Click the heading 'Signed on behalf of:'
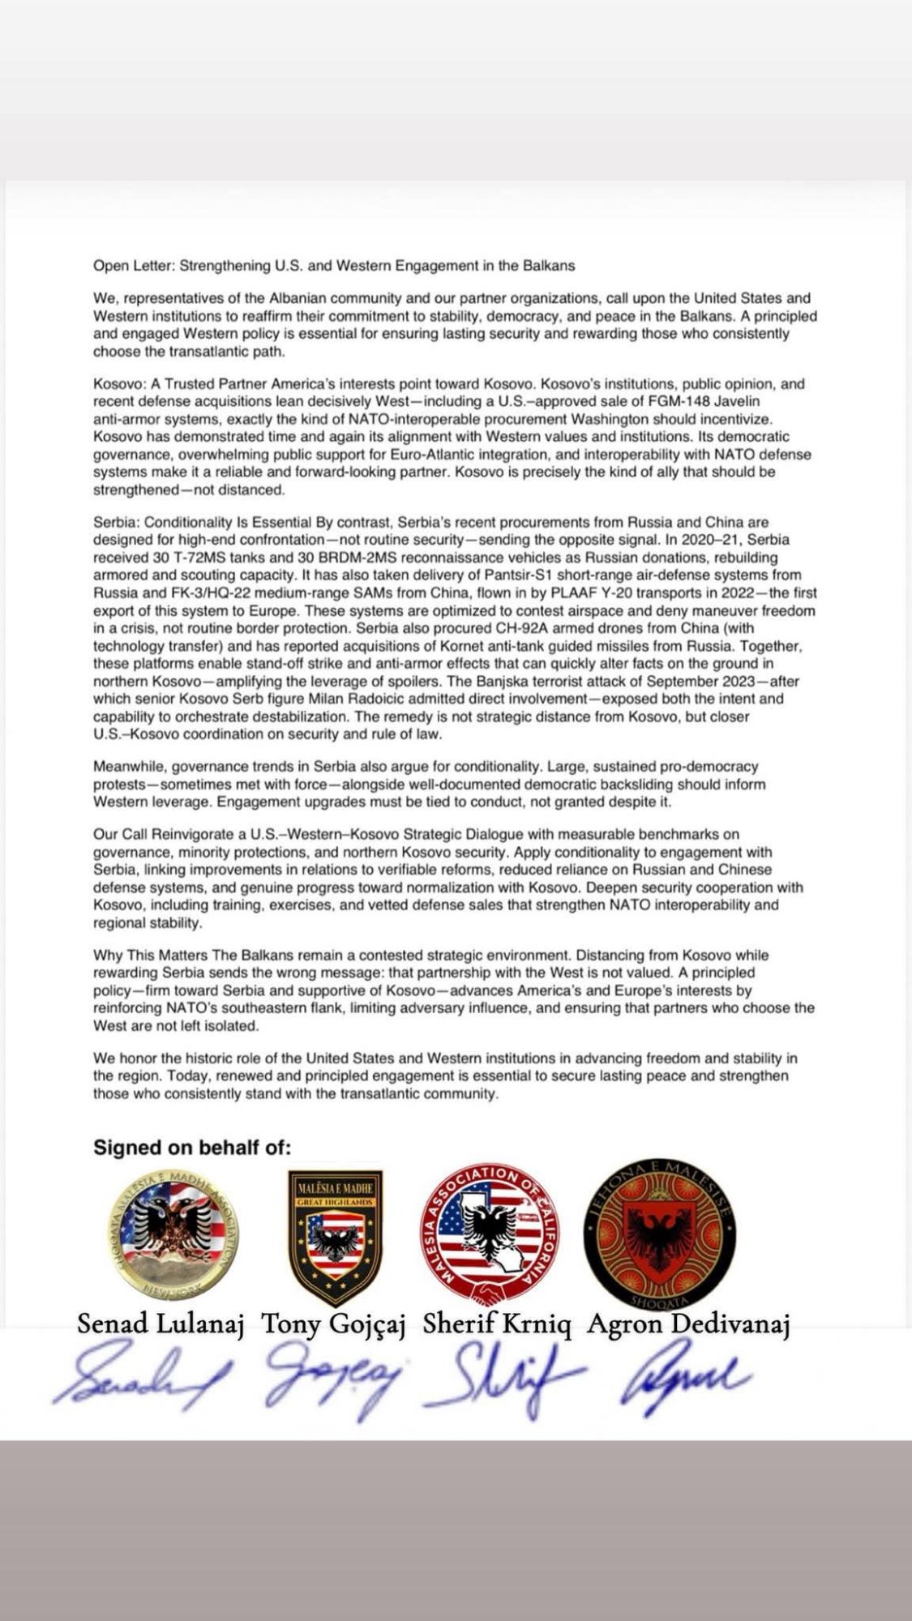[192, 1147]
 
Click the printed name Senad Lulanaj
[161, 1324]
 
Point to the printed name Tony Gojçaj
[336, 1324]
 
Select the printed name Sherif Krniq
[497, 1324]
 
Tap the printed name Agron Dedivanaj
[688, 1324]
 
